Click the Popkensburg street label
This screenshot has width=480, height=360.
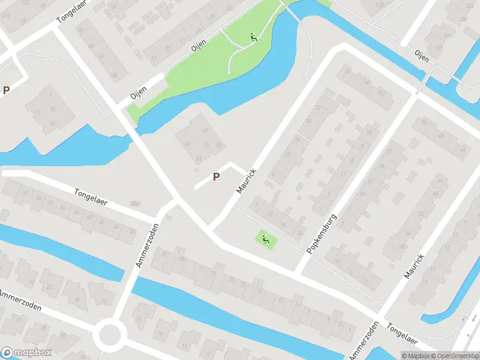pyautogui.click(x=321, y=233)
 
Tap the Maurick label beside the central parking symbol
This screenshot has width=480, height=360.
pyautogui.click(x=247, y=181)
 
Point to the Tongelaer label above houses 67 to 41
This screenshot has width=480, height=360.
pyautogui.click(x=91, y=197)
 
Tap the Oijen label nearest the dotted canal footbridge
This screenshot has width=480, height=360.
pyautogui.click(x=422, y=56)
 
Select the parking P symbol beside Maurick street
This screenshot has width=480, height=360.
pyautogui.click(x=216, y=176)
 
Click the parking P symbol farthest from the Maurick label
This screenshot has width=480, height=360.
pyautogui.click(x=7, y=91)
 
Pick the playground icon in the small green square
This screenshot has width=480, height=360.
pyautogui.click(x=265, y=240)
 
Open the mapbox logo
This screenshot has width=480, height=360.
pyautogui.click(x=26, y=353)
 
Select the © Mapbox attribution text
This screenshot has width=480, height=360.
pyautogui.click(x=416, y=355)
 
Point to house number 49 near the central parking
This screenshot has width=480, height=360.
pyautogui.click(x=206, y=130)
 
